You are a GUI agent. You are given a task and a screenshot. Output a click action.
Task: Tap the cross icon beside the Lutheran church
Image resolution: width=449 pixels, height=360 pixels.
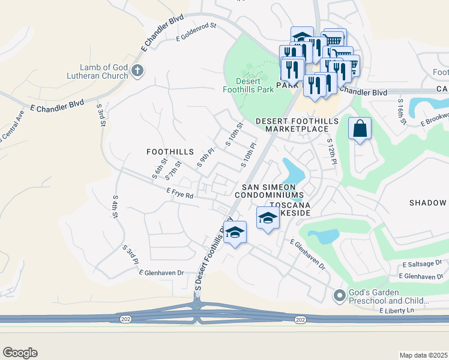point(137,71)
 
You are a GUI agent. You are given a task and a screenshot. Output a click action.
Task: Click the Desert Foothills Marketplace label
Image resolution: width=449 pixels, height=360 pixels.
point(297,125)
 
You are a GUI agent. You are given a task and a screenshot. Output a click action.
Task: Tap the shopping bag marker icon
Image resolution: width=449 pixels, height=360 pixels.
point(359,129)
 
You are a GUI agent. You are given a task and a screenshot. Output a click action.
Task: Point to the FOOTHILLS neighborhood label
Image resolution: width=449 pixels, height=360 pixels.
point(169,152)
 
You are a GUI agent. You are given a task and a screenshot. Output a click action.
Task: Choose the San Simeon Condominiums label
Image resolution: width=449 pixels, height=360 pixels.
point(270,191)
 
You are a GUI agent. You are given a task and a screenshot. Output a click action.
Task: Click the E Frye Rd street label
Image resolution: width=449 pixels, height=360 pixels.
point(180,195)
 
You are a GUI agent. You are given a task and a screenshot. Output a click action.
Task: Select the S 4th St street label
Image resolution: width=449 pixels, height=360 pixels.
point(115,205)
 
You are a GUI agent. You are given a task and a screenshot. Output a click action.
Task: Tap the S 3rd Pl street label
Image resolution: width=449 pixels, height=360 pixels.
point(130,254)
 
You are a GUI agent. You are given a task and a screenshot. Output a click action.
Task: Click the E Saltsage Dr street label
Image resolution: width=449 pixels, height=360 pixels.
point(422,263)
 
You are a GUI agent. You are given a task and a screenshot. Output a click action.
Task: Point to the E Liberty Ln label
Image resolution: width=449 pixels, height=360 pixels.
point(397,310)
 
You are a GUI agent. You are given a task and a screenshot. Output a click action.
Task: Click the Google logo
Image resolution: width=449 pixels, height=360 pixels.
point(20,353)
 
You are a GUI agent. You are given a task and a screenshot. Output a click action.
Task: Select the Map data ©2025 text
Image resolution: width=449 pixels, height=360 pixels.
point(423,355)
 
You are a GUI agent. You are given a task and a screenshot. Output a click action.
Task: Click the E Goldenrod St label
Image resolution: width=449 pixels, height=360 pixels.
point(195,37)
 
